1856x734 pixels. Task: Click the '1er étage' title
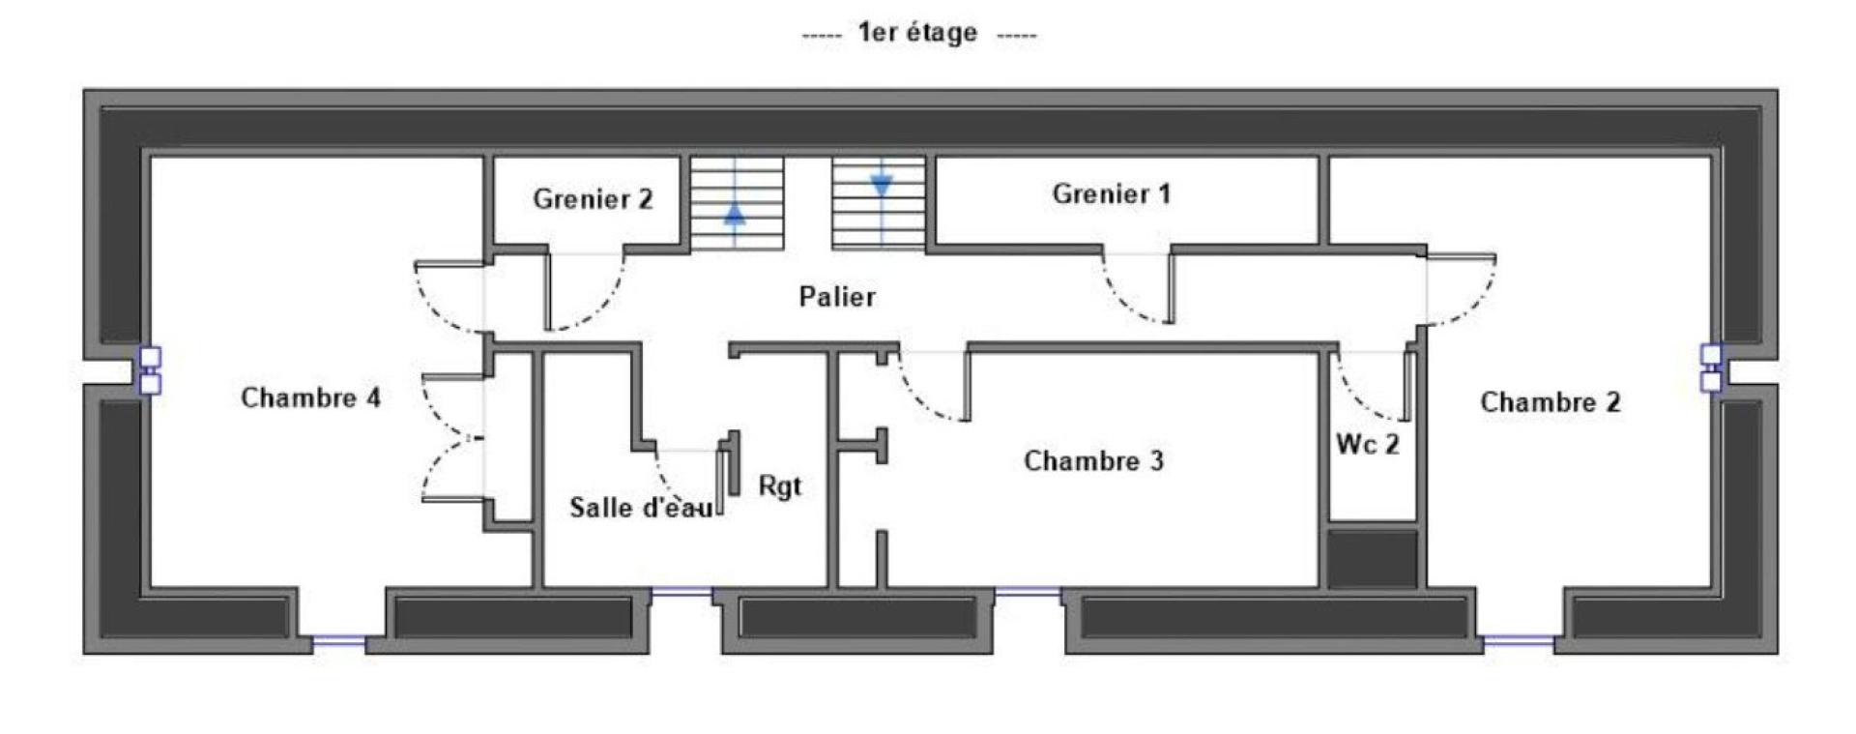(x=917, y=33)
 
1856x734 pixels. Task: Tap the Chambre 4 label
(x=310, y=397)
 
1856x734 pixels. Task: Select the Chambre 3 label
(x=1093, y=460)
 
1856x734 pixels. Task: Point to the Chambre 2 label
(x=1550, y=401)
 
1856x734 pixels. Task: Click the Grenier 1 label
(x=1111, y=193)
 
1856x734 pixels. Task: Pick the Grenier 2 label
(x=593, y=198)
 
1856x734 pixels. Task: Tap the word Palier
(x=837, y=296)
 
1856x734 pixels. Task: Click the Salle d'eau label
(x=641, y=507)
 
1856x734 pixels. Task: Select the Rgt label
(x=779, y=485)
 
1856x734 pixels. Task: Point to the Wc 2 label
(x=1368, y=444)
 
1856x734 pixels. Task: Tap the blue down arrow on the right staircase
(x=881, y=184)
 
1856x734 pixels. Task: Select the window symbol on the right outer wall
(x=1711, y=367)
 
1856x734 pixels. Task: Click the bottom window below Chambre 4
(x=333, y=639)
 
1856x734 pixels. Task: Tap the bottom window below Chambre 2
(x=1518, y=639)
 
